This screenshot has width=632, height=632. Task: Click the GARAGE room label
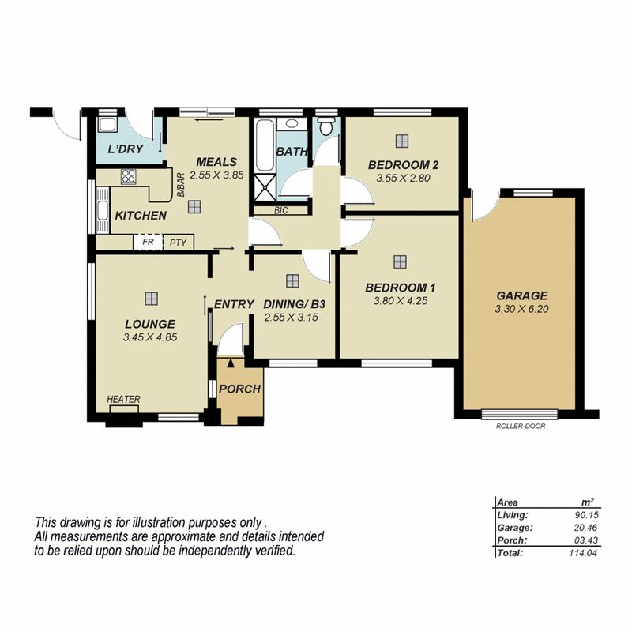pos(521,296)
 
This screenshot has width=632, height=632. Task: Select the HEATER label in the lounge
pos(123,400)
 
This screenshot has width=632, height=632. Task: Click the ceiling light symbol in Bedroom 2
pos(402,141)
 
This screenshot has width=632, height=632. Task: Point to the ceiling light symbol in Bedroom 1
pos(400,261)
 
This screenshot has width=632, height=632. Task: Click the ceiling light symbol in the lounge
pos(149,298)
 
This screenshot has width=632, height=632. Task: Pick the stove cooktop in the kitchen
pos(129,176)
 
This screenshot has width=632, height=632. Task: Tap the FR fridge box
pos(145,243)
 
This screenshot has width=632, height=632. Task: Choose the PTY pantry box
pos(178,243)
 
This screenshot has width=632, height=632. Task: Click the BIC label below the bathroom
pos(280,210)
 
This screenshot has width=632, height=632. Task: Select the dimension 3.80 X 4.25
pos(399,300)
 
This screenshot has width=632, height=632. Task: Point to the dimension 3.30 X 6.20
pos(521,309)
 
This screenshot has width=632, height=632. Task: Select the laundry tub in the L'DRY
pos(107,126)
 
